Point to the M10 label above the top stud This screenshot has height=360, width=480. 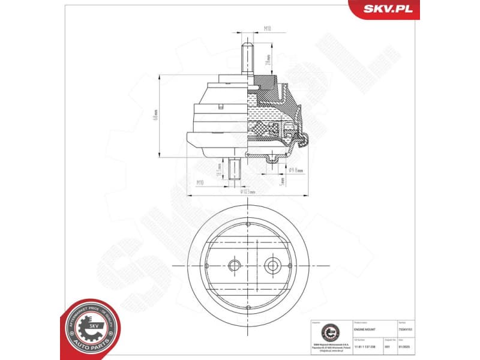pos(268,28)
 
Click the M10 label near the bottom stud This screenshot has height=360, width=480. pos(200,182)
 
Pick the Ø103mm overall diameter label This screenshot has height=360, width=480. pos(247,192)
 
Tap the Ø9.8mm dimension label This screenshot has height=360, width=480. pos(296,170)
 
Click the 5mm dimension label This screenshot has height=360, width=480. pos(282,180)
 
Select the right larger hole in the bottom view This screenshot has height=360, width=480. pos(274,265)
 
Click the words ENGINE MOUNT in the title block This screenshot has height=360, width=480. pos(364,329)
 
